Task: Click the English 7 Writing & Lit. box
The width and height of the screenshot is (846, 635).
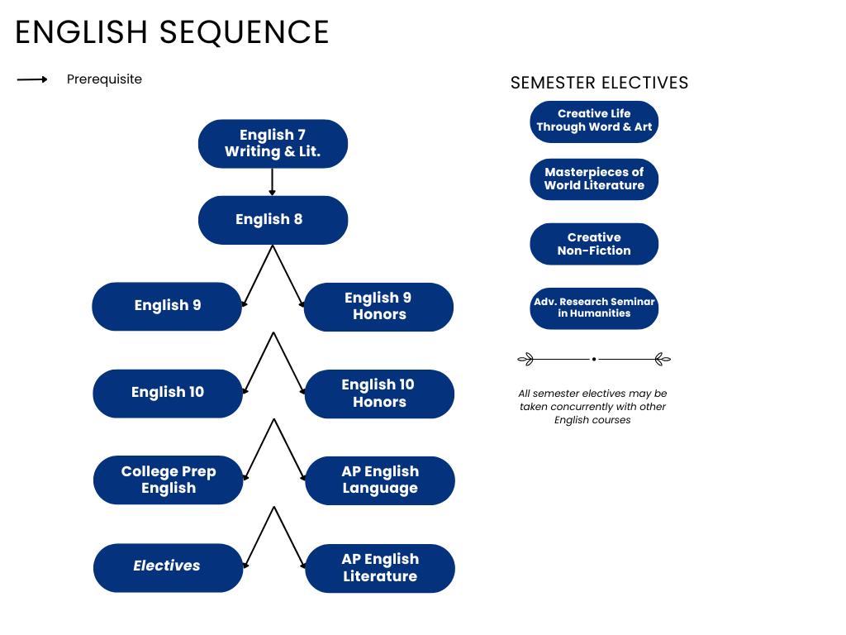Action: (273, 144)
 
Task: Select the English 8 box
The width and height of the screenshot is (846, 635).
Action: (273, 220)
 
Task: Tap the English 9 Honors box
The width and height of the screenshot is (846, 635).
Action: (378, 307)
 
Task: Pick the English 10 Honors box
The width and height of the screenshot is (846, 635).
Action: (379, 394)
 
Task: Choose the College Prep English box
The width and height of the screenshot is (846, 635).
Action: (168, 480)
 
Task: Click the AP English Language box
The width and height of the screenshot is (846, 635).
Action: (380, 480)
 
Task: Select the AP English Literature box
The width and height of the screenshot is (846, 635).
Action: (380, 568)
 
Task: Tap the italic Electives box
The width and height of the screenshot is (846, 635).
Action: (168, 567)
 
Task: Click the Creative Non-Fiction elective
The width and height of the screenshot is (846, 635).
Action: (594, 244)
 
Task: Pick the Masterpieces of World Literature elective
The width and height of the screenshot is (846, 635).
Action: (594, 179)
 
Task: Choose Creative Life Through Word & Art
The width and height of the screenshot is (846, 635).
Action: (594, 122)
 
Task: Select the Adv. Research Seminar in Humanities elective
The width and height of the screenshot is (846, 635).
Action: (594, 308)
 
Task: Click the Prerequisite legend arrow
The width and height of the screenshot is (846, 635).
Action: (32, 79)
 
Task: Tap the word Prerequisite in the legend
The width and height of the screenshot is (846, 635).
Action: (104, 79)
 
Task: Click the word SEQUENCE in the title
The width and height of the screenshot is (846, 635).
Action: (244, 32)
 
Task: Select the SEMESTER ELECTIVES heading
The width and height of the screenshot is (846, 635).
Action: (599, 83)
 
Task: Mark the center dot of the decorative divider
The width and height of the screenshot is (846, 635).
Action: (594, 360)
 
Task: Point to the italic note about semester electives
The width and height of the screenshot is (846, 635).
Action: (592, 407)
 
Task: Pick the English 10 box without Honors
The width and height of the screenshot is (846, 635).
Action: (168, 393)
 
